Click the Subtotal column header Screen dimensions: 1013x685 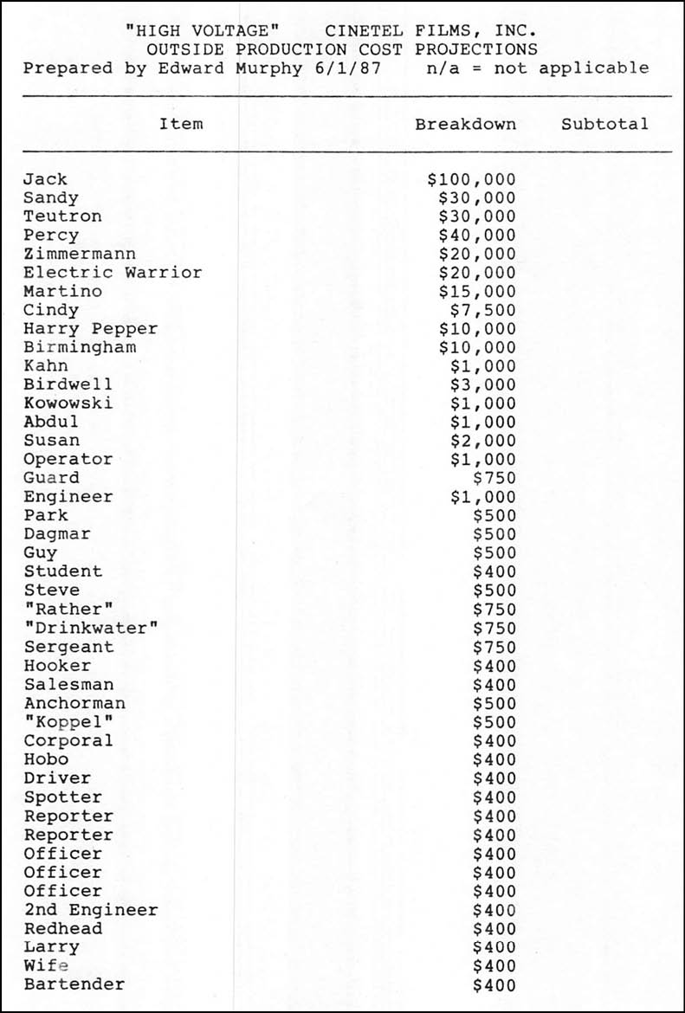[604, 124]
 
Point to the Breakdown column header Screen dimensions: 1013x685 [465, 124]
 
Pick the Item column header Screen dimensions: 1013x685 [181, 124]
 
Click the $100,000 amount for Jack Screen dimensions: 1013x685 [471, 179]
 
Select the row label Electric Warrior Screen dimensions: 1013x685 [113, 273]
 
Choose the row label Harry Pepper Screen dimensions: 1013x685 [91, 329]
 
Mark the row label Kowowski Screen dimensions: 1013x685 [68, 403]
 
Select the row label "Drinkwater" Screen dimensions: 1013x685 [91, 628]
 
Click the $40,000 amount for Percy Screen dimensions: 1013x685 [477, 236]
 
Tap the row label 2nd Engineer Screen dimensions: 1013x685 [91, 910]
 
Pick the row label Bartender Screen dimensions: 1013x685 [74, 984]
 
